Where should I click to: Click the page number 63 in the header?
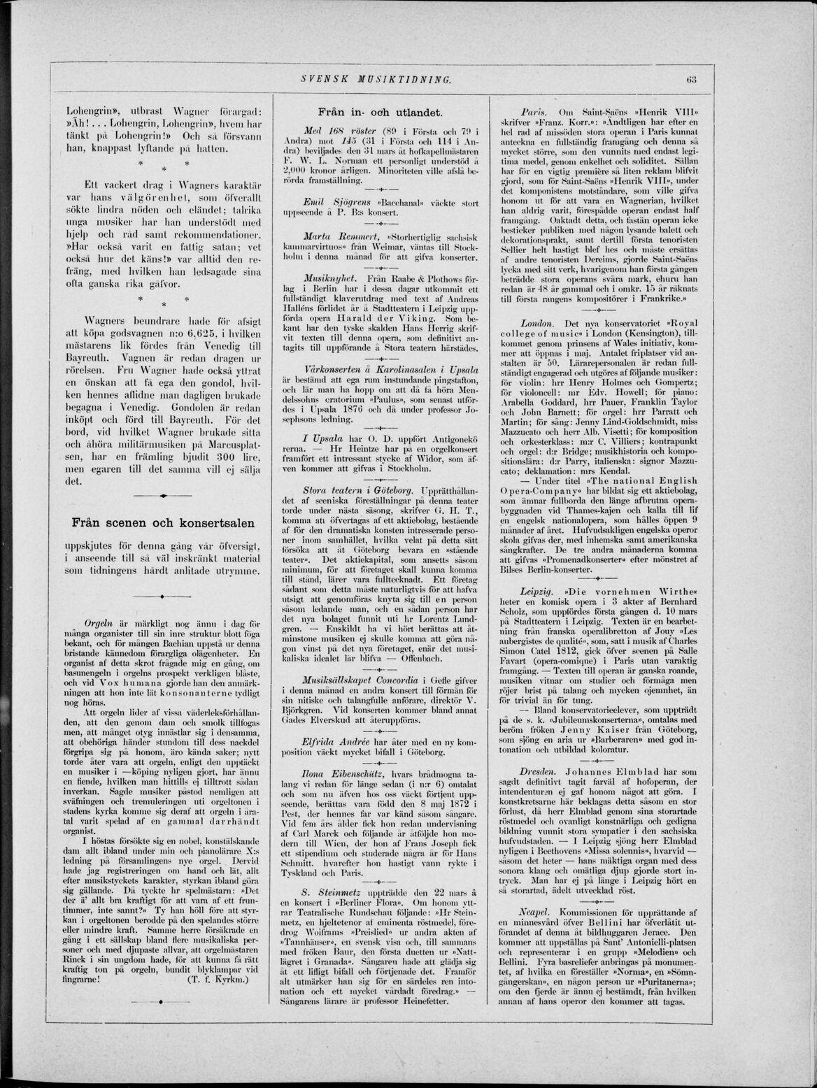(x=689, y=79)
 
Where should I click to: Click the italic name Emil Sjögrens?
(x=332, y=203)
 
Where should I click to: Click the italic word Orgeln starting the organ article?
(x=94, y=620)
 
